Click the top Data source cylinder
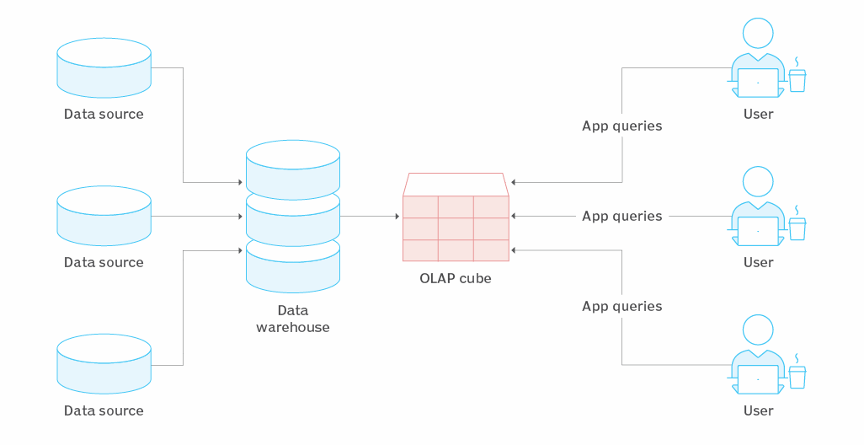pos(104,67)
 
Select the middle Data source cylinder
pos(104,216)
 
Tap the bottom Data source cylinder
pos(104,364)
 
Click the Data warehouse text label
pos(293,319)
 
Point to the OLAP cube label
pos(455,278)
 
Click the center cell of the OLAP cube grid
pos(456,229)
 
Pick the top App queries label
pos(622,126)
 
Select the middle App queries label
pos(622,216)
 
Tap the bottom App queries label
pos(622,307)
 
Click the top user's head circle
pos(758,33)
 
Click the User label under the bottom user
pos(758,410)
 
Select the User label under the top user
pos(758,114)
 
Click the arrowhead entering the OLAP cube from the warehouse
pos(397,216)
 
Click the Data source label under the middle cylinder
pos(104,262)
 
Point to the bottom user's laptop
pos(758,380)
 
